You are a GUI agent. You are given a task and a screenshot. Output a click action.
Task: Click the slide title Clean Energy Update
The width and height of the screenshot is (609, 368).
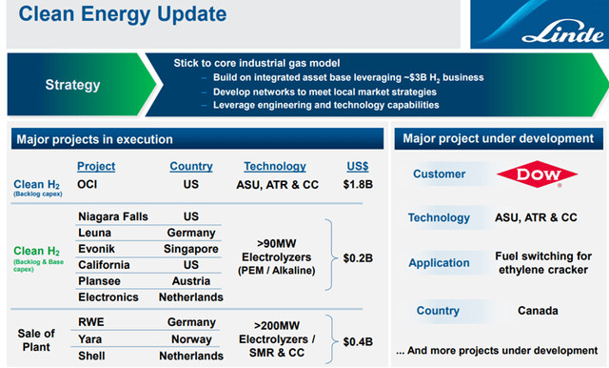[x=123, y=14]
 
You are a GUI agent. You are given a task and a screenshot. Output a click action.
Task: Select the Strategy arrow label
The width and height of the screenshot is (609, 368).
[x=72, y=85]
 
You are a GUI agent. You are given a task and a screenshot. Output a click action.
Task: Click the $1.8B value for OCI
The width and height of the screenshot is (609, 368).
[x=357, y=185]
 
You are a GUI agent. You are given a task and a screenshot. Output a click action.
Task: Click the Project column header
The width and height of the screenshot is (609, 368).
[x=95, y=167]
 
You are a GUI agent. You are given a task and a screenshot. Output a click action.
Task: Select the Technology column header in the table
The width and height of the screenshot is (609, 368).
[x=274, y=167]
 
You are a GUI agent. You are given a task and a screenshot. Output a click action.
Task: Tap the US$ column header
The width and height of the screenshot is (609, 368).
[x=357, y=167]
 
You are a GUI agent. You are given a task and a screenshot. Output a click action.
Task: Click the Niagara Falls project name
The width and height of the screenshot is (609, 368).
[x=113, y=216]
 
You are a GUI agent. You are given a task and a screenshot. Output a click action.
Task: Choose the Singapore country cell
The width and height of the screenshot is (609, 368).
[x=191, y=249]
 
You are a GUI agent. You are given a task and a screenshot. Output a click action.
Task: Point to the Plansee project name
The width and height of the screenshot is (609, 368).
[x=100, y=281]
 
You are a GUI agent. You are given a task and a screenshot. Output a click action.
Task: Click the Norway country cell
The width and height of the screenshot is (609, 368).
[x=191, y=338]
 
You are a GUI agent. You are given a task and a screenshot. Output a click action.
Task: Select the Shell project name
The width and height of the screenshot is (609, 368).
[x=93, y=356]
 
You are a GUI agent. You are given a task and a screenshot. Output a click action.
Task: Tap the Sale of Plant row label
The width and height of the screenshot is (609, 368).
[x=37, y=338]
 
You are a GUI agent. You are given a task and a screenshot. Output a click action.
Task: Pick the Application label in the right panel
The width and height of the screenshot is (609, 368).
[x=439, y=263]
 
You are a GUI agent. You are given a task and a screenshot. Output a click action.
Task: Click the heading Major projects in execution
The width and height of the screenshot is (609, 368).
[x=94, y=140]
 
